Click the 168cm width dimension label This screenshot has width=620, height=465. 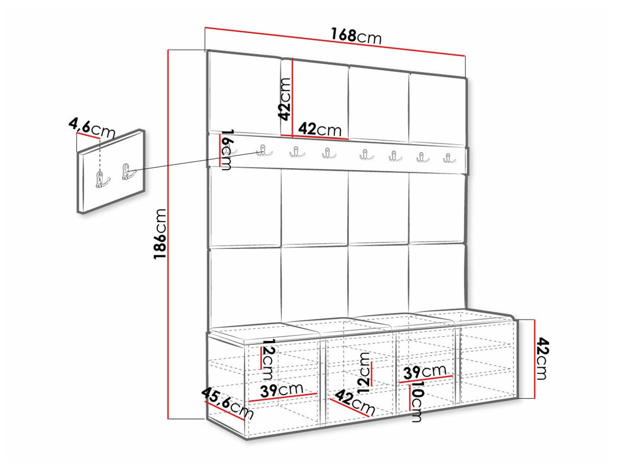point(356,36)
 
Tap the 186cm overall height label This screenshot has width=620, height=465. point(159,234)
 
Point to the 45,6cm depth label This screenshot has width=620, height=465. point(228,403)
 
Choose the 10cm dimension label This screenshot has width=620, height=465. point(417,402)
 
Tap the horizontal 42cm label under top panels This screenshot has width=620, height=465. point(320,129)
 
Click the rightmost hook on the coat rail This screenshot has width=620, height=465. point(449,158)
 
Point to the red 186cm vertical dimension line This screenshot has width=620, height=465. point(169,234)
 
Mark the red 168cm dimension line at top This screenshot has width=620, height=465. point(336,41)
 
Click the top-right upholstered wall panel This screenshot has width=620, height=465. point(437,109)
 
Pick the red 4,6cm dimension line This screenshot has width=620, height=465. point(88,136)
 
